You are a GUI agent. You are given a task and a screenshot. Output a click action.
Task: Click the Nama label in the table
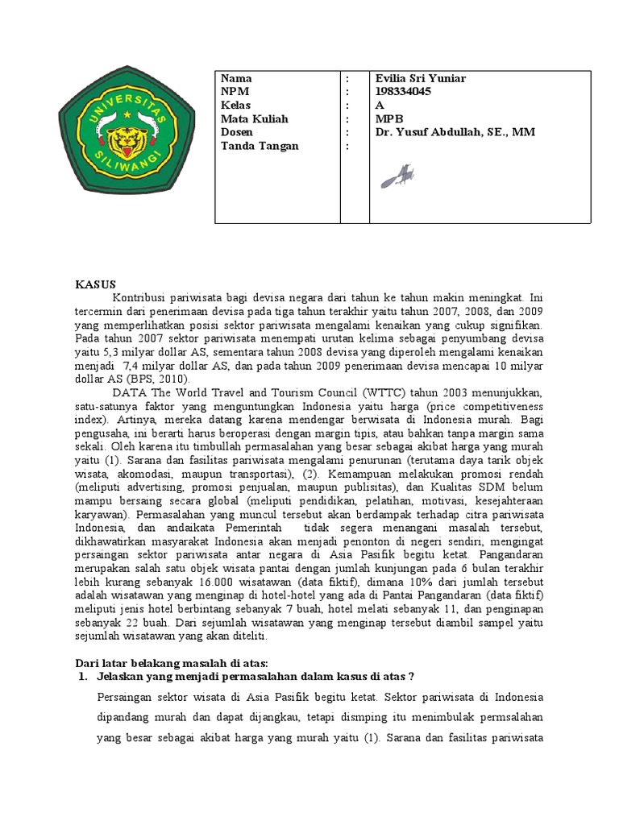point(235,78)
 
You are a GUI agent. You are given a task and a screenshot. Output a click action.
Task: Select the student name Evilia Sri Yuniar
point(420,78)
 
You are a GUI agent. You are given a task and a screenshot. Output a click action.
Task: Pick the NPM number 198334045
point(403,92)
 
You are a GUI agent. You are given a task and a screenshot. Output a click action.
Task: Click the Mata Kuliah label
point(254,118)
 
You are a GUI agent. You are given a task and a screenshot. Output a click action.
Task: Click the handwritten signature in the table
point(397,175)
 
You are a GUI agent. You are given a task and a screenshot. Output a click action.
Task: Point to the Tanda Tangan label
point(259,146)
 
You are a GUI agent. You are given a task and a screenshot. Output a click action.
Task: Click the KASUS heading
point(96,284)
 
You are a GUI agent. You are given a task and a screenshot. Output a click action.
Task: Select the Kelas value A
point(380,106)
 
